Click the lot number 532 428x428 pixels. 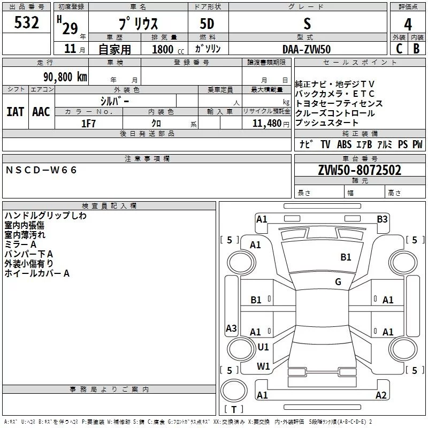27,23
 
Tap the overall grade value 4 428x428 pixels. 408,24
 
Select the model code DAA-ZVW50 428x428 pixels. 307,49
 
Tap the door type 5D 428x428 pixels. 207,24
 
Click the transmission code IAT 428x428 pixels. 15,112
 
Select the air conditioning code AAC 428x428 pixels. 41,112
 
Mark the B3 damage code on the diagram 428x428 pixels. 382,219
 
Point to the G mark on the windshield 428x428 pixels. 338,281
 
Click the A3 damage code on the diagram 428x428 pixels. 231,328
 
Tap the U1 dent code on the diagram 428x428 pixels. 263,347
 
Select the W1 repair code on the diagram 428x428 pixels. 263,366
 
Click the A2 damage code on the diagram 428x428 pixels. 381,395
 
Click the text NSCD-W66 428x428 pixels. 42,170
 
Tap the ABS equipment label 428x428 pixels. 344,144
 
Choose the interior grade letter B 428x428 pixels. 416,49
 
